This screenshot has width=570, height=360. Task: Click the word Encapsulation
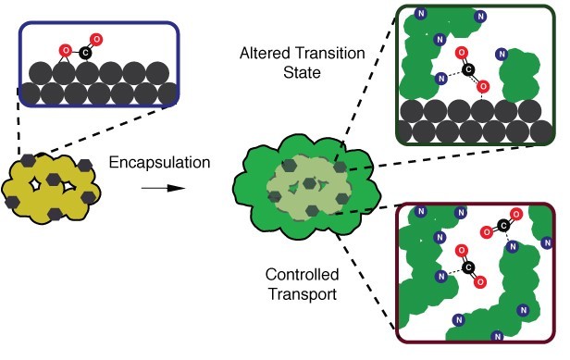click(160, 164)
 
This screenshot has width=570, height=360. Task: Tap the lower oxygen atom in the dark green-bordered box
click(482, 86)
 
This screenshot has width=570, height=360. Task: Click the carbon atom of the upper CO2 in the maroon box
click(501, 225)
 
